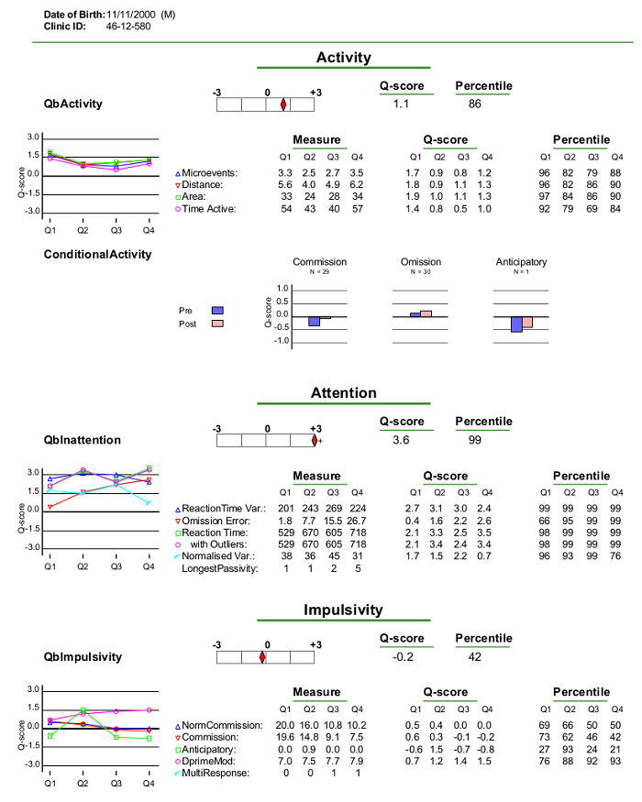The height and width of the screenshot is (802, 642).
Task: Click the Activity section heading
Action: click(x=344, y=57)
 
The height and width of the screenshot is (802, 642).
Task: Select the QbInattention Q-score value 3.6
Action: click(x=401, y=440)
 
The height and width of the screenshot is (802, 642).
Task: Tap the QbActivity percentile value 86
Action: click(x=474, y=104)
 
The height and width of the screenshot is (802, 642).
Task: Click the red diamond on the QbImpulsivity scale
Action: click(x=262, y=657)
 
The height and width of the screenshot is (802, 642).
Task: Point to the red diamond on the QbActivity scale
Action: click(x=283, y=104)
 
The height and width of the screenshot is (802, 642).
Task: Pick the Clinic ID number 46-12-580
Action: click(x=128, y=27)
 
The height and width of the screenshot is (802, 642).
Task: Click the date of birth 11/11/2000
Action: click(x=131, y=15)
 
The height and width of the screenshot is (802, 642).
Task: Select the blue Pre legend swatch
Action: click(x=217, y=311)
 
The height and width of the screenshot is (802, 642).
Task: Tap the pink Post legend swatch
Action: click(x=217, y=324)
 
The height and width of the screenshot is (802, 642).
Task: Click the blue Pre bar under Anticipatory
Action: click(x=516, y=324)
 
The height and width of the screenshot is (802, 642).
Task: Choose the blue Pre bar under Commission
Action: click(x=314, y=321)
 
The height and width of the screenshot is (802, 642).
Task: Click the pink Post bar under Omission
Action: click(x=426, y=313)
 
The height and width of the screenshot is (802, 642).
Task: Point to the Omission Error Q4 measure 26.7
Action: click(x=357, y=521)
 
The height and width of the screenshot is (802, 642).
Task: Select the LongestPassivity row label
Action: click(x=219, y=569)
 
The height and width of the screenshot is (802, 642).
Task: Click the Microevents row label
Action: click(x=209, y=173)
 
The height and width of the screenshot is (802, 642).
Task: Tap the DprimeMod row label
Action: click(x=208, y=761)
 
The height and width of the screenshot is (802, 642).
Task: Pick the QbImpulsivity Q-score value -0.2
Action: click(x=403, y=657)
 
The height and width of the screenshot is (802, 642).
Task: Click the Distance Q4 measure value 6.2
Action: click(x=357, y=185)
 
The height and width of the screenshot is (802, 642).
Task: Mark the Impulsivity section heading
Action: click(x=344, y=610)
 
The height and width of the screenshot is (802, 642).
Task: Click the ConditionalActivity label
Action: click(x=98, y=255)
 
